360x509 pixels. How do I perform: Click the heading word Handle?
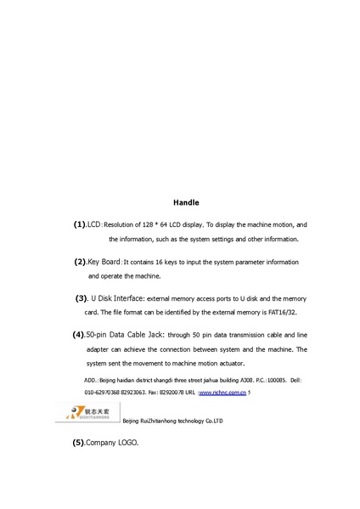click(186, 203)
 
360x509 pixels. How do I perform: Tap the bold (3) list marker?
click(82, 298)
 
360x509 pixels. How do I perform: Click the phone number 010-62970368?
click(104, 393)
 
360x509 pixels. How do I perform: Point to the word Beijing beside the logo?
click(133, 421)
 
